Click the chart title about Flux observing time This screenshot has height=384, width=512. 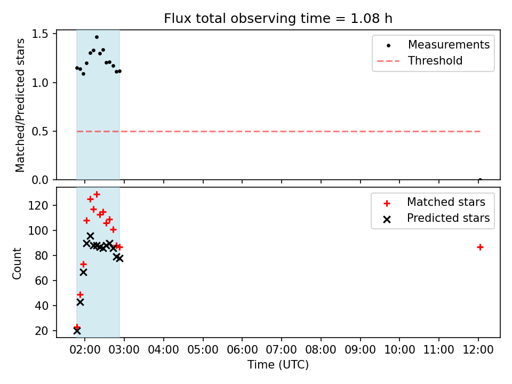coord(278,18)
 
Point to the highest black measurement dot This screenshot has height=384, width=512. coord(97,37)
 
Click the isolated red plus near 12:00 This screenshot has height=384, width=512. coord(480,247)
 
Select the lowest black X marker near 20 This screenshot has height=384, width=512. coord(77,331)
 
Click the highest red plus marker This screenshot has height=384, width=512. coord(97,195)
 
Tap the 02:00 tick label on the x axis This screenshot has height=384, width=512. coord(85,350)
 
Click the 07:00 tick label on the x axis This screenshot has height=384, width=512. coord(282,350)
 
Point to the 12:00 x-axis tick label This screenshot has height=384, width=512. coord(478,350)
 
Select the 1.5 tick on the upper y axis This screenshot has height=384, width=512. coord(40,34)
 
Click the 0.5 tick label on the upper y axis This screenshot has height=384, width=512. coord(40,131)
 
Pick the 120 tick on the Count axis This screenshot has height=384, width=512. coord(38,205)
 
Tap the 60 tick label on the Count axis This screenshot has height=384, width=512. coord(42,281)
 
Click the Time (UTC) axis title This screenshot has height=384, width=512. coord(278,364)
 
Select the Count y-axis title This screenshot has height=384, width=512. coord(17,263)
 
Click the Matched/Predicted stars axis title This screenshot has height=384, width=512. coord(20,105)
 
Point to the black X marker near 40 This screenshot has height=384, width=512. coord(81,302)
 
